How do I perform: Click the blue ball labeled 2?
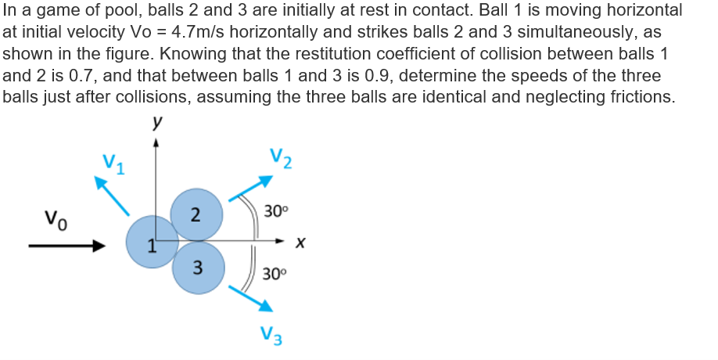pyautogui.click(x=196, y=214)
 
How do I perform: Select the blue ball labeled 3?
pyautogui.click(x=199, y=268)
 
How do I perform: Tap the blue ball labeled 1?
pyautogui.click(x=153, y=241)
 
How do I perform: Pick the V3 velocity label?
pyautogui.click(x=271, y=336)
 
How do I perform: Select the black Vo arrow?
pyautogui.click(x=66, y=247)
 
